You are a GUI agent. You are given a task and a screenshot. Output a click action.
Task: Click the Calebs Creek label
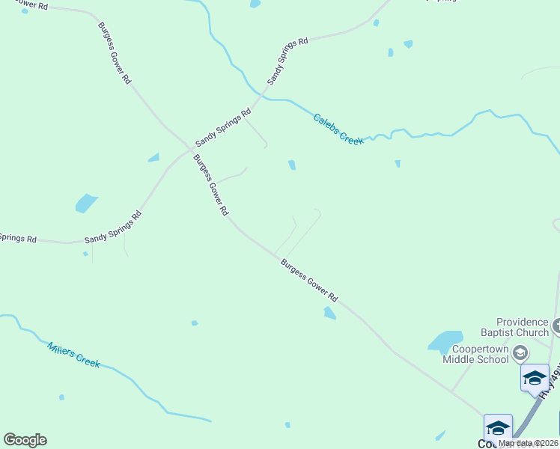(338, 129)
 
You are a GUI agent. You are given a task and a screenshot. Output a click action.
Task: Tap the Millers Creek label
(73, 354)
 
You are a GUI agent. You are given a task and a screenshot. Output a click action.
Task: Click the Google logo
(25, 440)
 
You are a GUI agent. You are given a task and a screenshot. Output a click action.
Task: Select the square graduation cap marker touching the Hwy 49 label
(535, 376)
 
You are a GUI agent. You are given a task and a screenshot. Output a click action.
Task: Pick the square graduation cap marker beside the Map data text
(498, 427)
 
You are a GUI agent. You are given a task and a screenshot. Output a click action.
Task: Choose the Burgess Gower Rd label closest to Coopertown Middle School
(310, 280)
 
